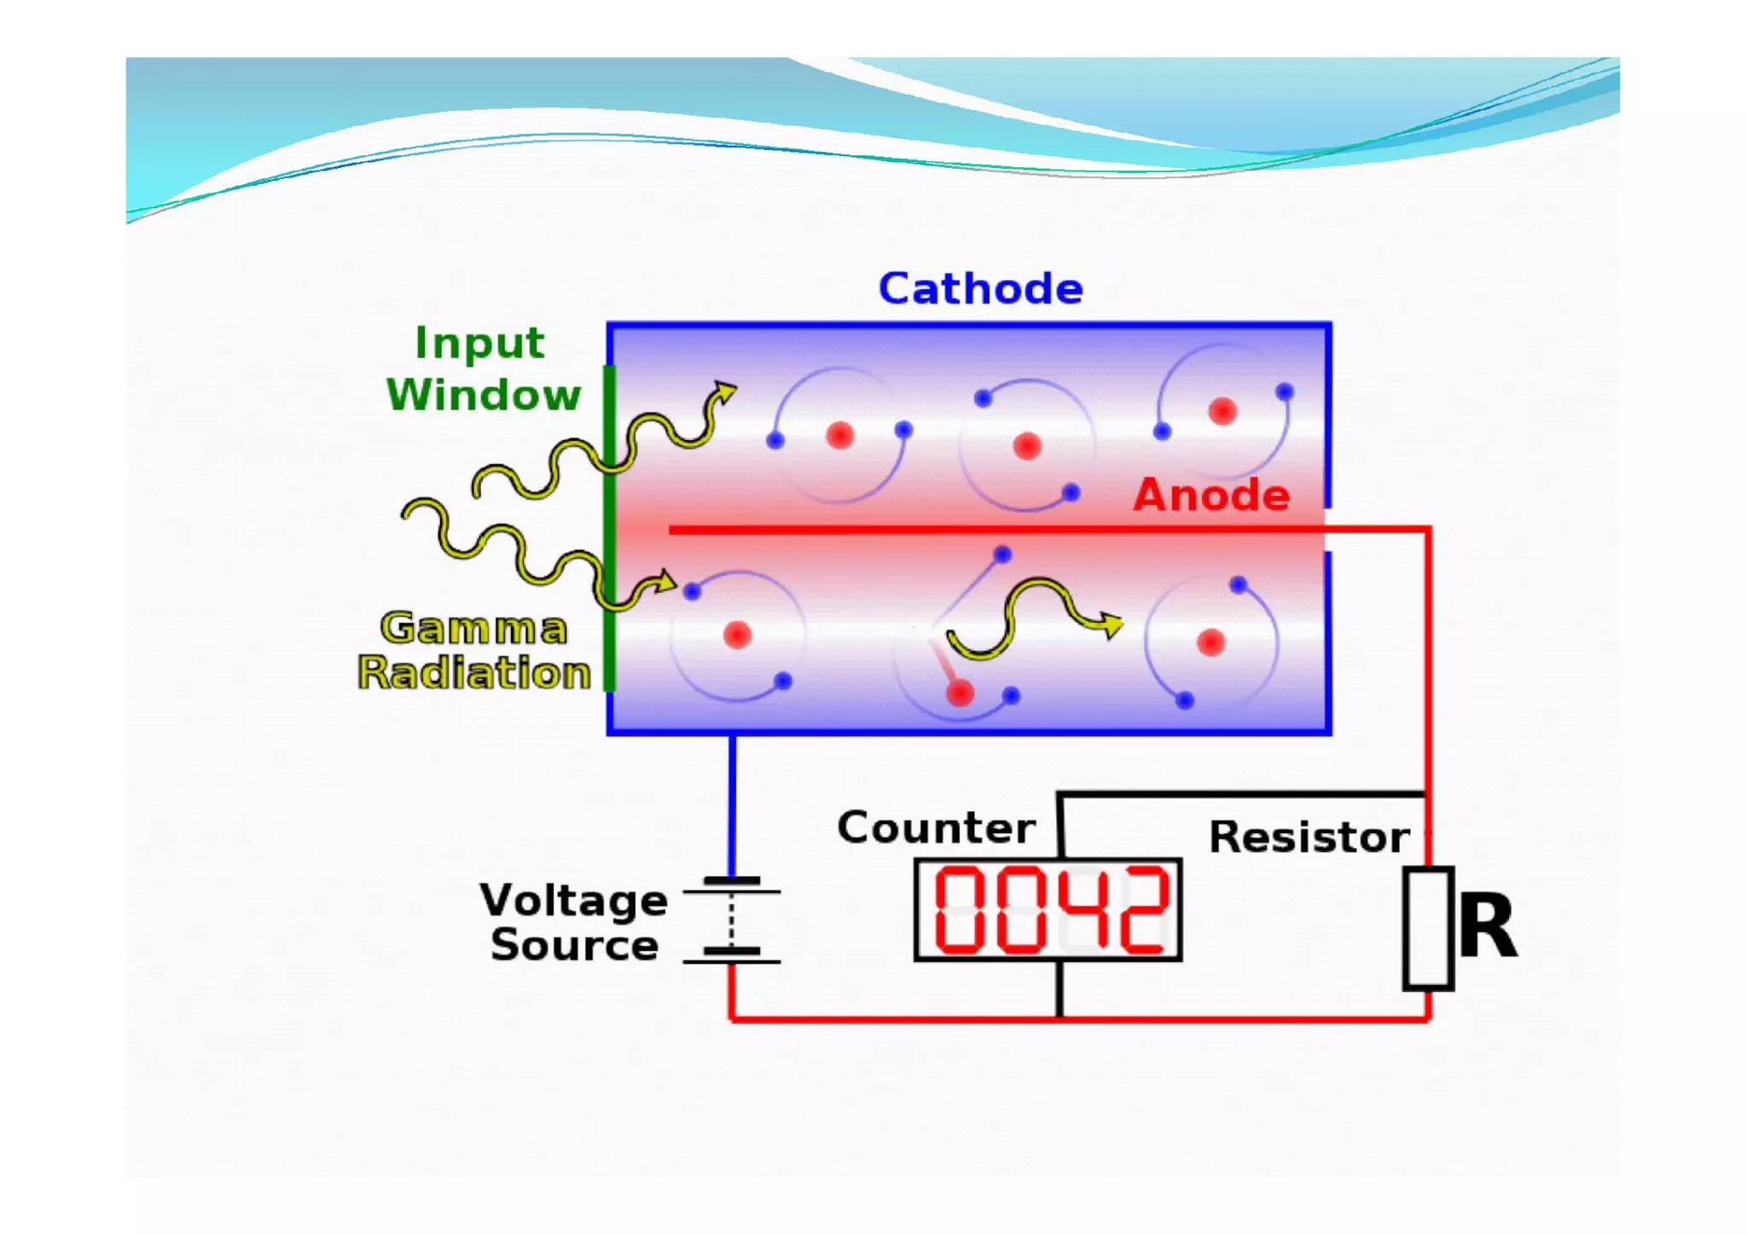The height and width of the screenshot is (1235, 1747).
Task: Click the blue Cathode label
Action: click(980, 288)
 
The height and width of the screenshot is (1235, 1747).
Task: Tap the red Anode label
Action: click(1211, 495)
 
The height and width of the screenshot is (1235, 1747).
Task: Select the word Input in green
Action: click(479, 345)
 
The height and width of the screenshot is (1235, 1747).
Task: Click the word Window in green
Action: click(484, 395)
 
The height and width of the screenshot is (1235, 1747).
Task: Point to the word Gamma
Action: click(473, 629)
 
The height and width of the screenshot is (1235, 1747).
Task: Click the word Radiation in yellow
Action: click(474, 673)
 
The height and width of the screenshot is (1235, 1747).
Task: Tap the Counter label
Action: click(936, 827)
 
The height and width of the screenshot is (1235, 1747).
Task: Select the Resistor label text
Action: click(1309, 837)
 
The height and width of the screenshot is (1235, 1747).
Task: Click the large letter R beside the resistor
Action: click(1488, 927)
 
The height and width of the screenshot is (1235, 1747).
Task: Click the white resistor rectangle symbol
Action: click(1428, 928)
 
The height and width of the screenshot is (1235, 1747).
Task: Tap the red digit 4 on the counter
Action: click(1078, 908)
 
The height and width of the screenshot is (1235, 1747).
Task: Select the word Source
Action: click(574, 945)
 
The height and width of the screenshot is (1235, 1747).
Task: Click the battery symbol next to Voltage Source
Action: click(732, 921)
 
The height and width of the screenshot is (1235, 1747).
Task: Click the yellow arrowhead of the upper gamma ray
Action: click(725, 393)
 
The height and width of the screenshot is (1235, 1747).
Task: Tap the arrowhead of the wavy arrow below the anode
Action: click(1111, 625)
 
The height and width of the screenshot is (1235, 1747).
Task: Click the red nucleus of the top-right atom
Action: click(1222, 411)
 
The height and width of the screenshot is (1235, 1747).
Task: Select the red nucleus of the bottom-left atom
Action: click(737, 635)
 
